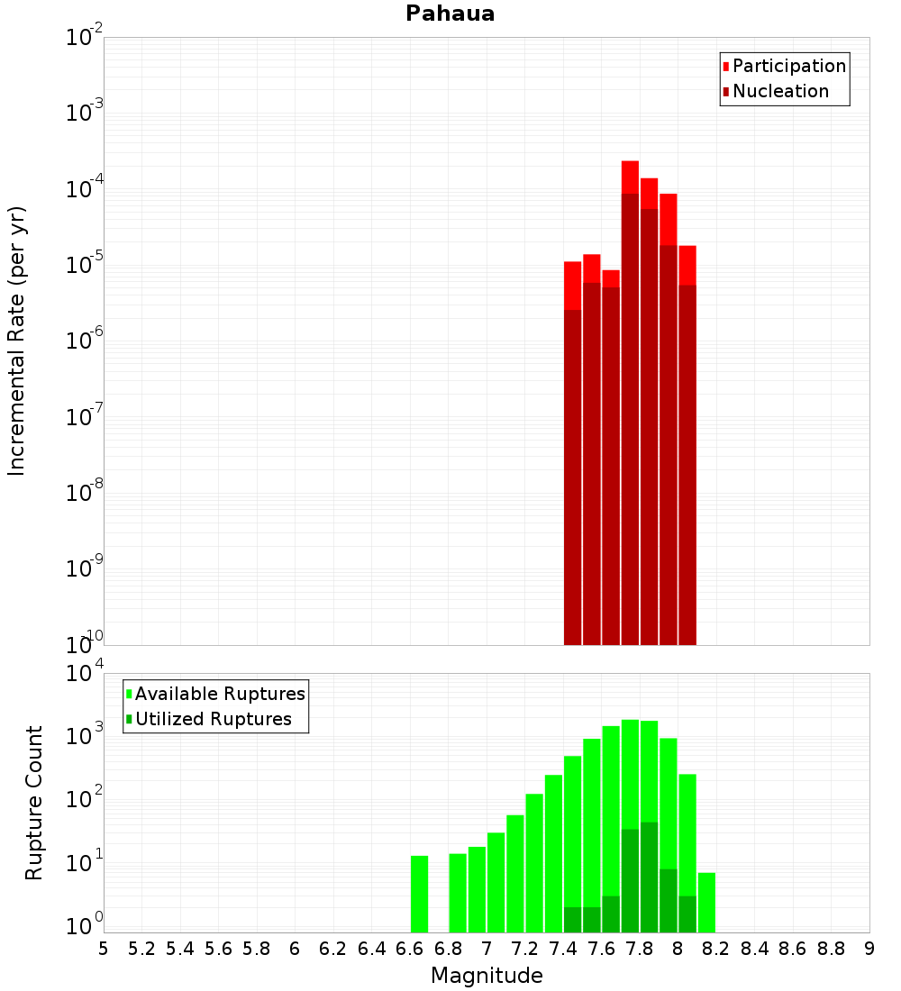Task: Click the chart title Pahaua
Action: [450, 14]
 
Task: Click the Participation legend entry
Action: [788, 66]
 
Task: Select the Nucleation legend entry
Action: [780, 91]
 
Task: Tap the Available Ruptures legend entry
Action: [219, 694]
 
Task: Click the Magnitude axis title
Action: [487, 976]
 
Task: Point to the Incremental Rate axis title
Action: [17, 341]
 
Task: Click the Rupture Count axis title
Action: [34, 802]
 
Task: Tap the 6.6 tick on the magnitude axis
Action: [410, 949]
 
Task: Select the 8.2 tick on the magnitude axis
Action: [716, 949]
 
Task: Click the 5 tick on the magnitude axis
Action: [104, 949]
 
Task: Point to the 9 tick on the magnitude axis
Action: [869, 949]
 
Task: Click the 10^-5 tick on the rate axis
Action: [82, 264]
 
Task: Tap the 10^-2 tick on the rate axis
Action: [82, 38]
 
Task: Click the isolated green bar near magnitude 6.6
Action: [419, 894]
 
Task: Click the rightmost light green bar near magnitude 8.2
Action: [706, 902]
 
